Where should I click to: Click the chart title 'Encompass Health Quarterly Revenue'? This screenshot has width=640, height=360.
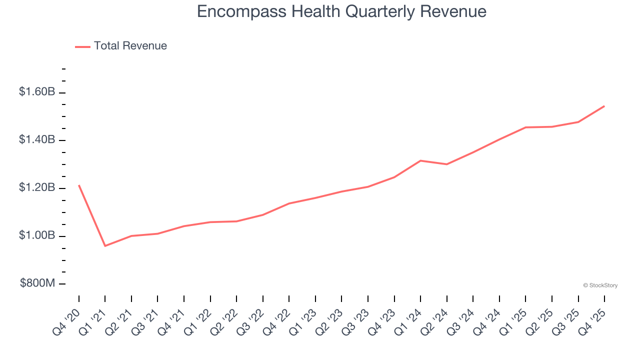[341, 11]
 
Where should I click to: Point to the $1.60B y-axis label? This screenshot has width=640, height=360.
[37, 92]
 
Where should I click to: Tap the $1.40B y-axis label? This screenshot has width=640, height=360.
[37, 139]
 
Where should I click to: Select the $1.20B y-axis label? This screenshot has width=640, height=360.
[37, 187]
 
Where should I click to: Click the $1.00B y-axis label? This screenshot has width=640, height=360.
[37, 235]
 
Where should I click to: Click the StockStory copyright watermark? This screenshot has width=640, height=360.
[600, 285]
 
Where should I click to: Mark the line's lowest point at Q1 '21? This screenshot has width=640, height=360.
[105, 246]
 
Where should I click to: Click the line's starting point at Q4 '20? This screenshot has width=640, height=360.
[79, 185]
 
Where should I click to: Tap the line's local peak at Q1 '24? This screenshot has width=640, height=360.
[420, 160]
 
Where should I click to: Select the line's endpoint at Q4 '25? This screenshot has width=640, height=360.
[604, 106]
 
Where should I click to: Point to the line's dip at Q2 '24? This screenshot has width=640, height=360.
[446, 164]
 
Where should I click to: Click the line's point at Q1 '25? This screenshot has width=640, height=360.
[525, 127]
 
